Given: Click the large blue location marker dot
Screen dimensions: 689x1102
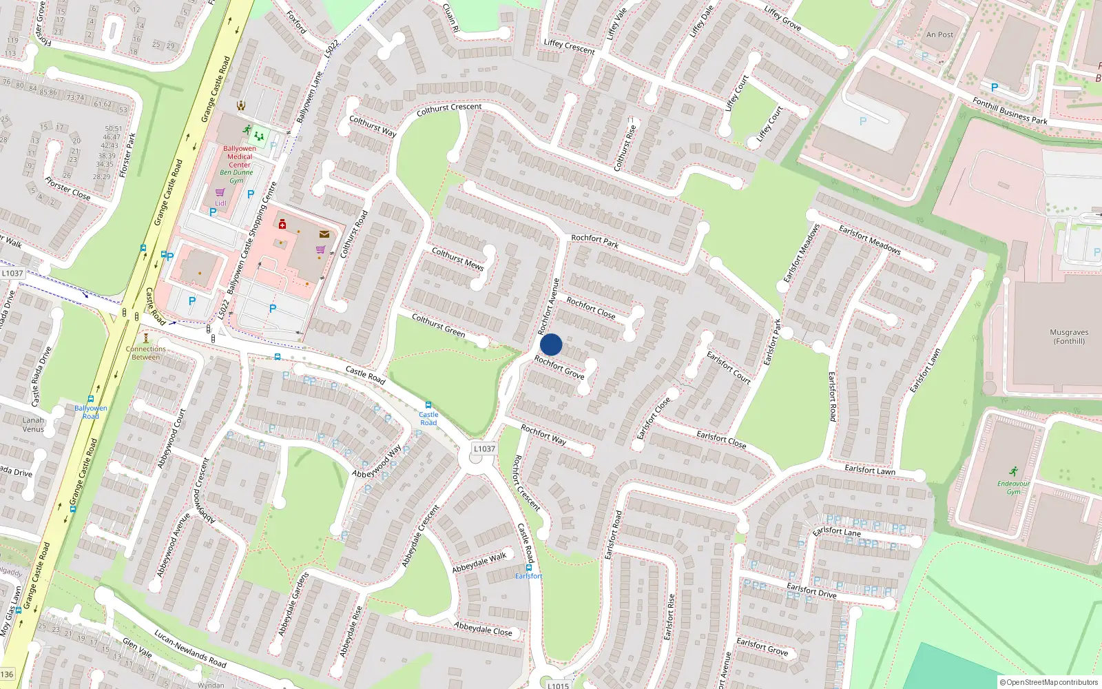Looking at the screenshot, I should pyautogui.click(x=551, y=344).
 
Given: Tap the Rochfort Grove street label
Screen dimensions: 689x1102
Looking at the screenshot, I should pyautogui.click(x=559, y=367).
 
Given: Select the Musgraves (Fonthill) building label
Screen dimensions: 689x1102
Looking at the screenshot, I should pyautogui.click(x=1069, y=336).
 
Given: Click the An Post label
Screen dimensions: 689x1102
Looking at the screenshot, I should pyautogui.click(x=939, y=34).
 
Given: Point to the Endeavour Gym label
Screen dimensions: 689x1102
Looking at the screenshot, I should pyautogui.click(x=1013, y=487).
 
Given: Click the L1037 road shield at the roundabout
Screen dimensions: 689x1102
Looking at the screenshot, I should pyautogui.click(x=484, y=449).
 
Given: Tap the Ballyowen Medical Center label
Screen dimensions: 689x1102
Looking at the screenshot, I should pyautogui.click(x=240, y=156).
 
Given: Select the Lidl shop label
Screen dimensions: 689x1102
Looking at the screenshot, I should pyautogui.click(x=220, y=203).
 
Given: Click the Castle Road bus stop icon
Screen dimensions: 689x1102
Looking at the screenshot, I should pyautogui.click(x=428, y=405).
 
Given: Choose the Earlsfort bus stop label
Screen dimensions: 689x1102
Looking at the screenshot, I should pyautogui.click(x=528, y=576).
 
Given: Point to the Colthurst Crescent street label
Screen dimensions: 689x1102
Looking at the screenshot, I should pyautogui.click(x=449, y=109).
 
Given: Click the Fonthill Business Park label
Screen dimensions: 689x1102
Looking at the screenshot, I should pyautogui.click(x=1010, y=111).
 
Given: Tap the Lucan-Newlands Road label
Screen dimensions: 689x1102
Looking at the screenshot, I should pyautogui.click(x=190, y=648).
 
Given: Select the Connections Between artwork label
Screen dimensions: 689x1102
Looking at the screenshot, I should pyautogui.click(x=146, y=353).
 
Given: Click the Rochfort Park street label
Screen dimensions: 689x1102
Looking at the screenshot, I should pyautogui.click(x=594, y=240).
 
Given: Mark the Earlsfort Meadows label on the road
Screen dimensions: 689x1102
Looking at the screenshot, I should pyautogui.click(x=870, y=239).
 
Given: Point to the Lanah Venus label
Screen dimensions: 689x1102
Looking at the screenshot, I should pyautogui.click(x=33, y=424).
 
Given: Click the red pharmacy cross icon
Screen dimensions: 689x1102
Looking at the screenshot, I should pyautogui.click(x=282, y=224).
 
